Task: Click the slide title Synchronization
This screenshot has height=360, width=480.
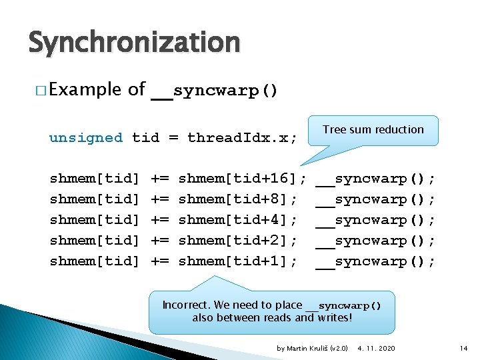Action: (134, 43)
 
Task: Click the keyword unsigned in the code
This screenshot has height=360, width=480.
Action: (86, 138)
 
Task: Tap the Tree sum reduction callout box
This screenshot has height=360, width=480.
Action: (373, 130)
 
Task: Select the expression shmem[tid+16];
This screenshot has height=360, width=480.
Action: (243, 179)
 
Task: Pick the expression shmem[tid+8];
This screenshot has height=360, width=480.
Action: (238, 199)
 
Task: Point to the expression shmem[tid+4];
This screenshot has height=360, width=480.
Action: (238, 220)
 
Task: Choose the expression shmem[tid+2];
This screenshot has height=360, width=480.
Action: (238, 241)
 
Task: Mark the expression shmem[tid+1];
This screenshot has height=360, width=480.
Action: (238, 261)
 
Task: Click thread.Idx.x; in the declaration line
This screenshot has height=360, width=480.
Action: (242, 138)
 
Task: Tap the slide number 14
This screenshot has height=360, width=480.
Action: (464, 348)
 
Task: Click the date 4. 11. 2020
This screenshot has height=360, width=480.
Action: (376, 348)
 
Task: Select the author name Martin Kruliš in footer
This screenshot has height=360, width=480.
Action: (308, 348)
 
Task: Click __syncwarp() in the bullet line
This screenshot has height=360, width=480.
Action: (214, 91)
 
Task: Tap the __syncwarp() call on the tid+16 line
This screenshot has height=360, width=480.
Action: (375, 179)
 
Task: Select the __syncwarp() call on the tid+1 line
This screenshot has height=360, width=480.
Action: (375, 261)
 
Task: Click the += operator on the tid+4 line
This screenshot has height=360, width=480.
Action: (159, 220)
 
